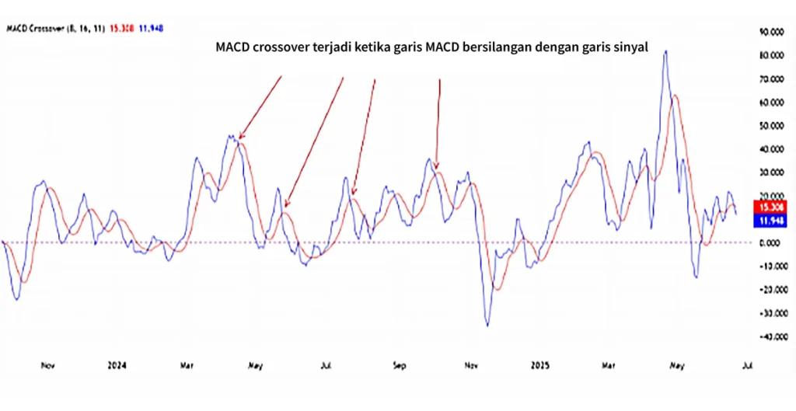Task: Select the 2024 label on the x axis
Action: [117, 364]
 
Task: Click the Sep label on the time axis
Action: [400, 364]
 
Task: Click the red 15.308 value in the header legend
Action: [124, 28]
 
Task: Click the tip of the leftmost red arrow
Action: [239, 138]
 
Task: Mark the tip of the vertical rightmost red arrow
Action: [437, 168]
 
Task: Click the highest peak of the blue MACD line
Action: [665, 51]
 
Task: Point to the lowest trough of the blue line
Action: [488, 325]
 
